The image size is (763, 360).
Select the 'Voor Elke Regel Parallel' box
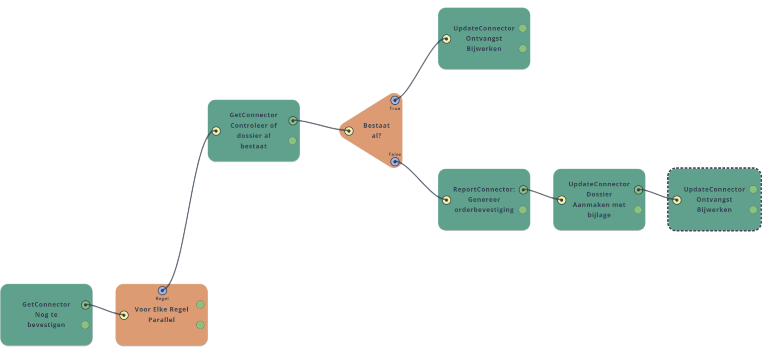click(161, 315)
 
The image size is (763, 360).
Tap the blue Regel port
click(162, 290)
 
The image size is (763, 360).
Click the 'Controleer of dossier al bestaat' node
click(253, 131)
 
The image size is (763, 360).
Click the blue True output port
click(395, 101)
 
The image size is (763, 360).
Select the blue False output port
click(395, 161)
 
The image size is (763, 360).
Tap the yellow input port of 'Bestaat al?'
click(349, 131)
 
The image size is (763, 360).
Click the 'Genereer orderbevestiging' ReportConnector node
click(484, 200)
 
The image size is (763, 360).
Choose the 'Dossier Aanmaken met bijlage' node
click(599, 200)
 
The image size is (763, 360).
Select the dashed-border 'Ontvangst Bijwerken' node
click(714, 200)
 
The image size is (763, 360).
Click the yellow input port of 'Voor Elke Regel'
click(124, 315)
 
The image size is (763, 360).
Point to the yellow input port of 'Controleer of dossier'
click(216, 131)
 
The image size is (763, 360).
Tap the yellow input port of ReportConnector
click(446, 200)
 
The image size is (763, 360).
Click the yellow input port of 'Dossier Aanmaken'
click(561, 200)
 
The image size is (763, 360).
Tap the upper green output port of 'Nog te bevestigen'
click(85, 305)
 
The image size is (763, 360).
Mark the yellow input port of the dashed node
click(677, 200)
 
